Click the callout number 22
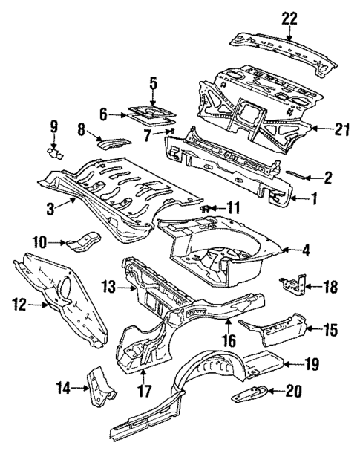pos(288,19)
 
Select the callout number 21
pos(341,129)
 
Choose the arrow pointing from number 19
pos(292,363)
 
